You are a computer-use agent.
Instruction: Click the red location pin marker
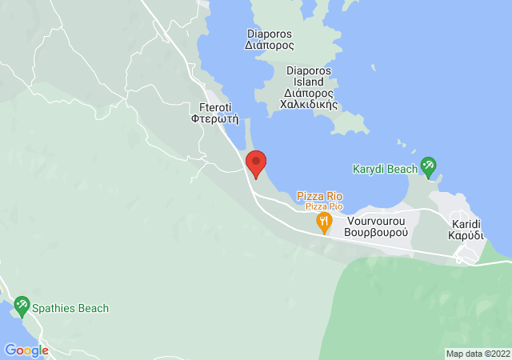[x=256, y=163]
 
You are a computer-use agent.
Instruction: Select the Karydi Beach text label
[x=385, y=169]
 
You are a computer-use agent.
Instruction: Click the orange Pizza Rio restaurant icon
[x=323, y=222]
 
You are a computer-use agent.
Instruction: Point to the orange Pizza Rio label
[x=319, y=196]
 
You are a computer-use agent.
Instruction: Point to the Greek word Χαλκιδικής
[x=309, y=105]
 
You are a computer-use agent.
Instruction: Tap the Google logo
[x=26, y=350]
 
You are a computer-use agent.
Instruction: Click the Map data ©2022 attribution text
[x=477, y=354]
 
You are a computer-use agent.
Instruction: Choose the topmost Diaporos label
[x=270, y=34]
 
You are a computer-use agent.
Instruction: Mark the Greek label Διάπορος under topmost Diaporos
[x=270, y=46]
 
